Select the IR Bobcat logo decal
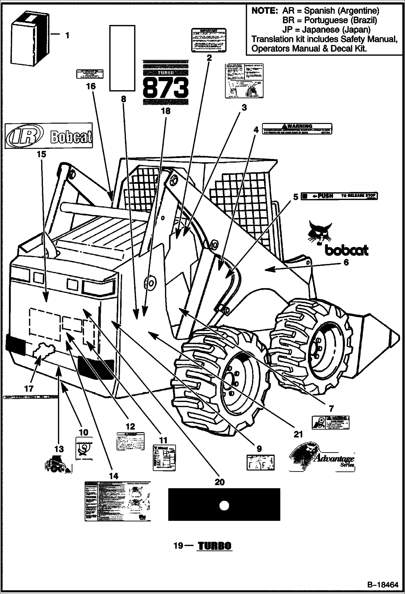[49, 136]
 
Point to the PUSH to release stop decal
[339, 196]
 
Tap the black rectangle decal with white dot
[224, 504]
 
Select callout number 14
[114, 476]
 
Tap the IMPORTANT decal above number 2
[209, 40]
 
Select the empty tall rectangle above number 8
[122, 58]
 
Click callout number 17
[29, 389]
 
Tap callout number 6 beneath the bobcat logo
[346, 262]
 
